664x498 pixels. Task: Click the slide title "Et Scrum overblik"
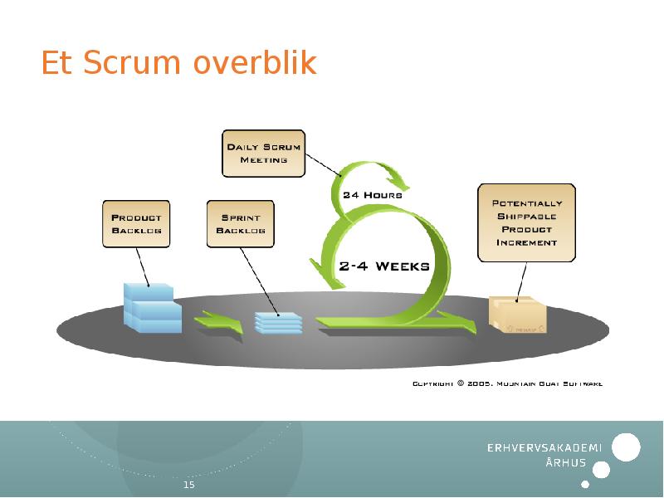[178, 64]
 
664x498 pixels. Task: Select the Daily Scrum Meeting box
[264, 153]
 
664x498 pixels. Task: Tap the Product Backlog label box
[136, 223]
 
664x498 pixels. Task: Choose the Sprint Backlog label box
[241, 223]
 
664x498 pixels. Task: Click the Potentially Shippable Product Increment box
[527, 222]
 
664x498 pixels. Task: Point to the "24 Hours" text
[373, 195]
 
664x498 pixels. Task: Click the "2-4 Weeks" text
[384, 266]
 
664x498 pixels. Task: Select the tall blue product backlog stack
[151, 308]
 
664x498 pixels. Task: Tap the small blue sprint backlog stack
[278, 322]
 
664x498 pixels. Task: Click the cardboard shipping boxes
[518, 315]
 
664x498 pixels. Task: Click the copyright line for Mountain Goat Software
[507, 383]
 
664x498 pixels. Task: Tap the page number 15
[188, 485]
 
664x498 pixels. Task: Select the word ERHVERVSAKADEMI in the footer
[544, 449]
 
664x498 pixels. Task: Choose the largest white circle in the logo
[626, 447]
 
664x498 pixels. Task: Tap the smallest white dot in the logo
[585, 484]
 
